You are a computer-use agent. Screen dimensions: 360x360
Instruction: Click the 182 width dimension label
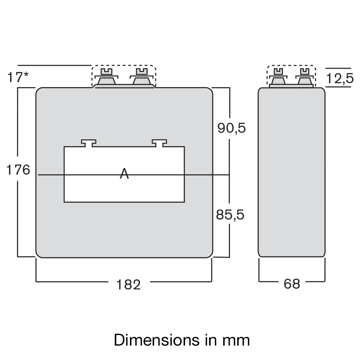coord(128,284)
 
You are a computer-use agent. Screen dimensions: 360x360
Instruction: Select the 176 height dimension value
coord(18,170)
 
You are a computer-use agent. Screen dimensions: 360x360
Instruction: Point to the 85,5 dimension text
coord(230,215)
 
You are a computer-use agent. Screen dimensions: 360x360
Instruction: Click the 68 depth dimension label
coord(292,284)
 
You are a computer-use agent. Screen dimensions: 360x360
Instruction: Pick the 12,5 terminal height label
coord(340,78)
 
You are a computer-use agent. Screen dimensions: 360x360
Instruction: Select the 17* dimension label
coord(18,77)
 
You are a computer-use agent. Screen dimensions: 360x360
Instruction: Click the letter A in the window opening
coord(124,174)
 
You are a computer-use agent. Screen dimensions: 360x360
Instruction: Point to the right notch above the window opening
coord(159,143)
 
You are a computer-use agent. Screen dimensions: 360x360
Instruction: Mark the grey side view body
coord(292,173)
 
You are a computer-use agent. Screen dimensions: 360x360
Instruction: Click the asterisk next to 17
coord(26,75)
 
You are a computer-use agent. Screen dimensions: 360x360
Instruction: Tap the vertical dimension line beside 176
coord(18,216)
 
